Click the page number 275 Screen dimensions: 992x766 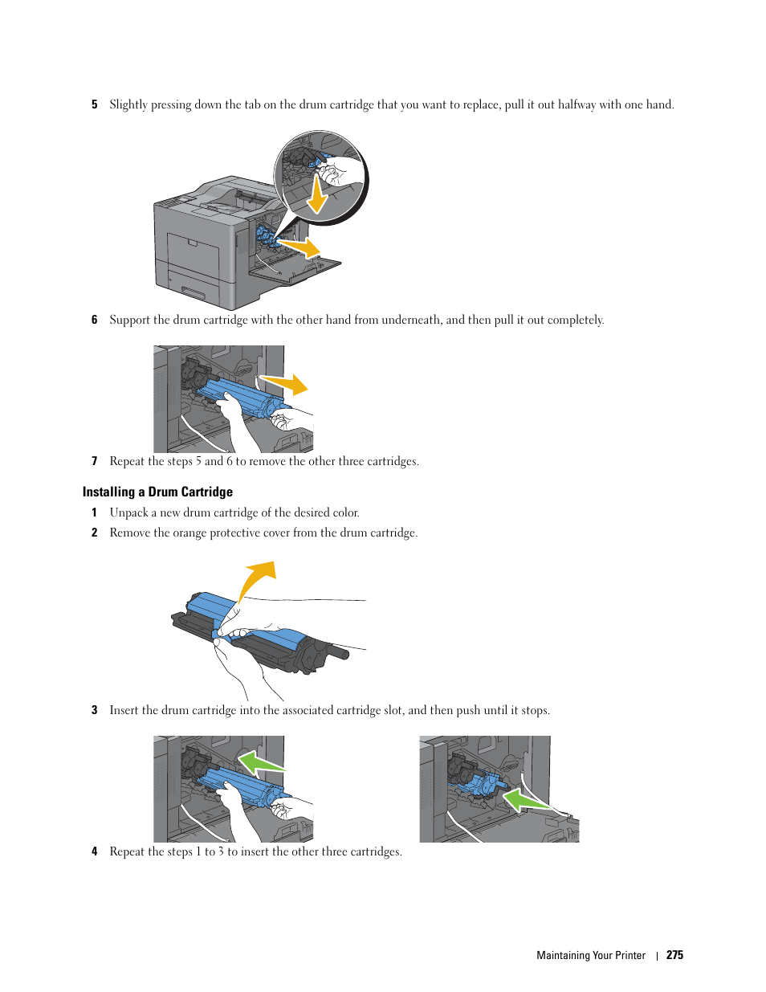(674, 955)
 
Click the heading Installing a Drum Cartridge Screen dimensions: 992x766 (157, 492)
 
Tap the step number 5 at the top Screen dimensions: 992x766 (94, 104)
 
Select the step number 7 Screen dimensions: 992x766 (94, 461)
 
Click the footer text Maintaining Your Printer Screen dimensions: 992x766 (590, 955)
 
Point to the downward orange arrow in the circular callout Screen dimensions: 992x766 (318, 195)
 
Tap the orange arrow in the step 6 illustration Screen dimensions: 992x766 (286, 383)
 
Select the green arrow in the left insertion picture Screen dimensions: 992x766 (261, 762)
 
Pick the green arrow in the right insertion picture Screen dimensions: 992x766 (524, 800)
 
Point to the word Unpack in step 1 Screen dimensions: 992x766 (128, 512)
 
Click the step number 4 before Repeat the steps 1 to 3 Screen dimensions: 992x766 (94, 851)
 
